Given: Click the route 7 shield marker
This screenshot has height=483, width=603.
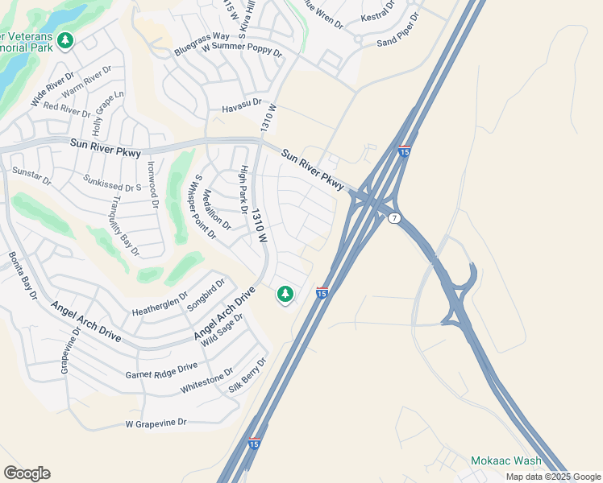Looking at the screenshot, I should click(x=393, y=219).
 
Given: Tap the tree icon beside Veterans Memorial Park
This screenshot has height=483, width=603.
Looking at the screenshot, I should click(x=65, y=39).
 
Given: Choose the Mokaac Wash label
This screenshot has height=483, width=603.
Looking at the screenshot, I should click(x=506, y=461).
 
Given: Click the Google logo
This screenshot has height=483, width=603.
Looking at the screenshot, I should click(x=27, y=473).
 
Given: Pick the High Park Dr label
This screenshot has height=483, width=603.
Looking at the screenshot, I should click(x=243, y=190).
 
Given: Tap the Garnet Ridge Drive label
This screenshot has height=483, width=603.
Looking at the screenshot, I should click(x=161, y=370).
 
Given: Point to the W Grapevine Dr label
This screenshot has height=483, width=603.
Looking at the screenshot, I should click(x=156, y=423).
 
